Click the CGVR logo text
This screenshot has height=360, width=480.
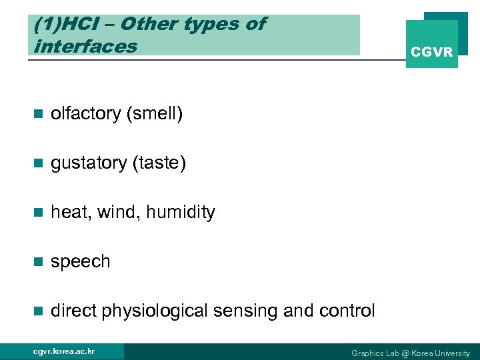[x=431, y=51]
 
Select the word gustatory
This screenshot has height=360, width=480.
[x=86, y=163]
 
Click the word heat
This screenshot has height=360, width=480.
[x=71, y=213]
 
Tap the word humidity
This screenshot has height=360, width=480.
[x=181, y=213]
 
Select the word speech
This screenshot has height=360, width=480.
[x=81, y=262]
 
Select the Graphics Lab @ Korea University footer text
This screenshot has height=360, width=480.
[x=410, y=353]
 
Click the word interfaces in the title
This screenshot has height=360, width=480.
[x=85, y=46]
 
